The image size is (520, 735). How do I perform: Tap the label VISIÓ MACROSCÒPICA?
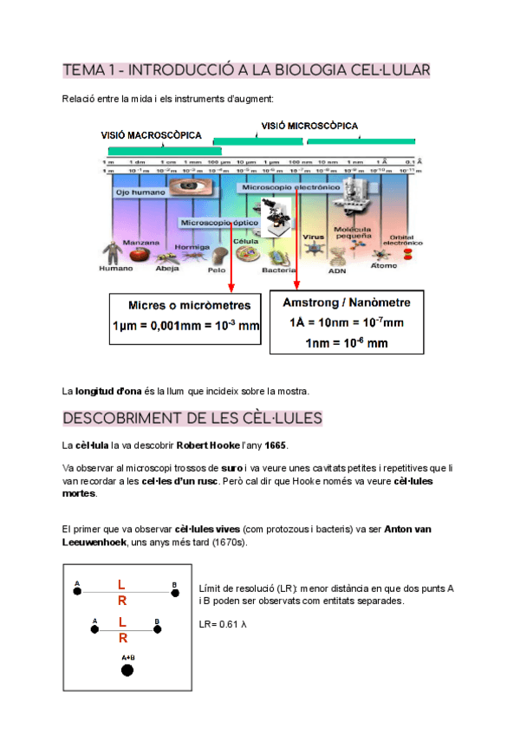pyautogui.click(x=152, y=135)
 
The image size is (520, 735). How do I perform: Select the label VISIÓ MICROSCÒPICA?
pyautogui.click(x=309, y=126)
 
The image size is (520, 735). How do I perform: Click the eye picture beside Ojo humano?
pyautogui.click(x=185, y=186)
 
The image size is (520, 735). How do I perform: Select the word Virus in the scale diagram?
pyautogui.click(x=313, y=236)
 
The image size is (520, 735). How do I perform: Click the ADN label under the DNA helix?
pyautogui.click(x=336, y=270)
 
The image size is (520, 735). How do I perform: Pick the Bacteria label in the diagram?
pyautogui.click(x=279, y=270)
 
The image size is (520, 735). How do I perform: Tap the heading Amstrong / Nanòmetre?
pyautogui.click(x=347, y=303)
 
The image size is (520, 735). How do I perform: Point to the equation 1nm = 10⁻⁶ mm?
pyautogui.click(x=347, y=342)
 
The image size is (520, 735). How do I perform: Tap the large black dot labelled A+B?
pyautogui.click(x=127, y=669)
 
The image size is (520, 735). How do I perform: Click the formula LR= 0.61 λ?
pyautogui.click(x=224, y=624)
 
